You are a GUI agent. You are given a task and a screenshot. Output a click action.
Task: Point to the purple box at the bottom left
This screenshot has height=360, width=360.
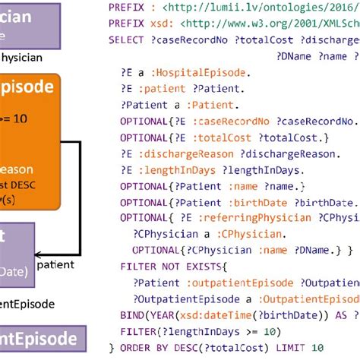coord(39,339)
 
